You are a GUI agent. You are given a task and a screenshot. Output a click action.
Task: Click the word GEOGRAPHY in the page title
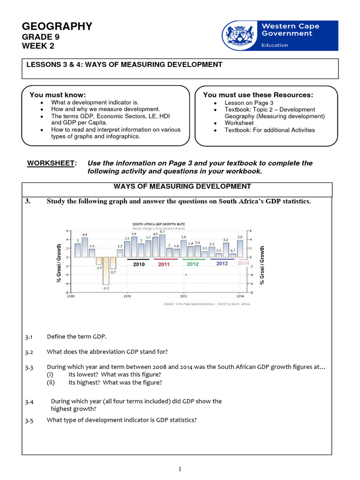point(57,26)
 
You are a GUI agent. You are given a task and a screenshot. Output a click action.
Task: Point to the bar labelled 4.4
point(84,247)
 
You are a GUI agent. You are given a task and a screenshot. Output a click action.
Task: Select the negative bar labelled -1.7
point(99,261)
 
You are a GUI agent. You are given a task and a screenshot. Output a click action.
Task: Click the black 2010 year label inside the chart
point(139,264)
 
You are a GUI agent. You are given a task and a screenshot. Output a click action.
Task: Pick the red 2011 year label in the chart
point(164,264)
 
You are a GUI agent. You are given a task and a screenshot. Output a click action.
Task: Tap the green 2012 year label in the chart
point(193,264)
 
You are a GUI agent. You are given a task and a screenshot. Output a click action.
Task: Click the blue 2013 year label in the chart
point(222,264)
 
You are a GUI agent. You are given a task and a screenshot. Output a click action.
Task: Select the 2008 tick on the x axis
point(70,296)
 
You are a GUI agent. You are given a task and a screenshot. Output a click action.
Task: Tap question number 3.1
point(29,337)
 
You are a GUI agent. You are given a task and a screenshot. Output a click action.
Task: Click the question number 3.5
point(29,420)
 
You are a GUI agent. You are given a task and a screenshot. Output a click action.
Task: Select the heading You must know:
point(58,95)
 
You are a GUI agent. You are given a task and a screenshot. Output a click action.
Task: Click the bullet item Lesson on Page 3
point(249,103)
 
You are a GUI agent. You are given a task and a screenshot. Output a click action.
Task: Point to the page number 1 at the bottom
point(180,468)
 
